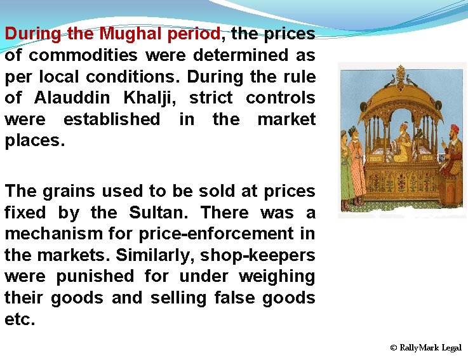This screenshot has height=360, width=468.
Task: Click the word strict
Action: pyautogui.click(x=211, y=98)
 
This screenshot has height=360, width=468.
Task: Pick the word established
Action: pyautogui.click(x=112, y=119)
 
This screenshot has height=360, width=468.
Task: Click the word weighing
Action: pyautogui.click(x=277, y=277)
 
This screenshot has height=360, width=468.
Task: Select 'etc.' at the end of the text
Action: pyautogui.click(x=20, y=319)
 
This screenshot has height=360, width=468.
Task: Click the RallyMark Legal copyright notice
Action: pyautogui.click(x=426, y=348)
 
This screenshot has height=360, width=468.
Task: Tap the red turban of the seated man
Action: pyautogui.click(x=453, y=130)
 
